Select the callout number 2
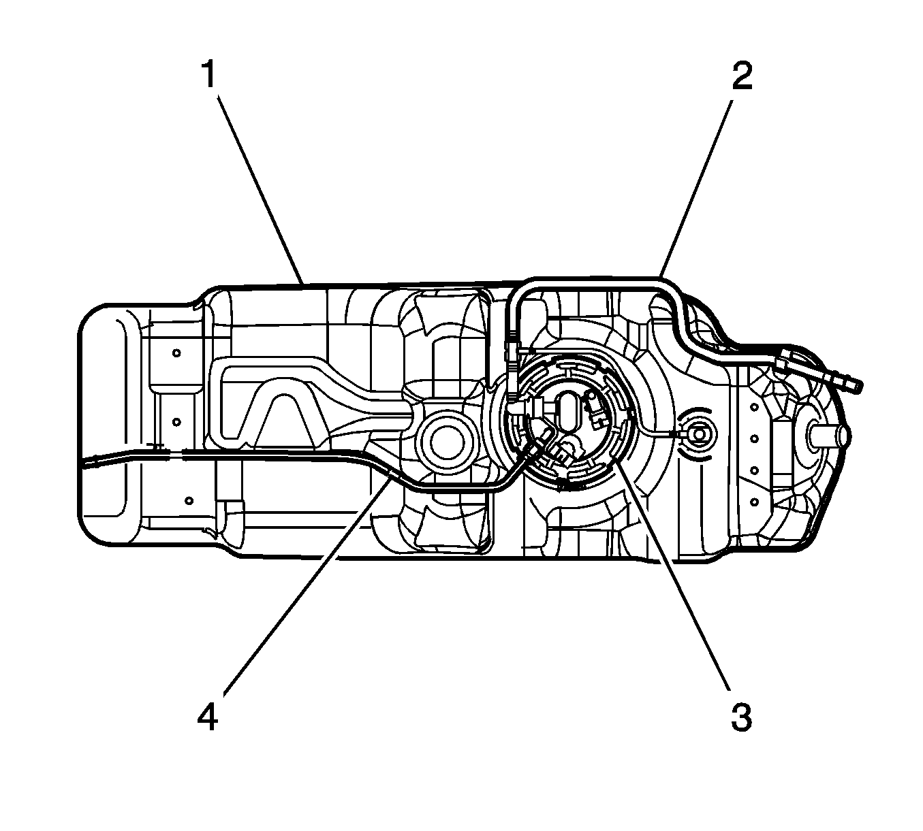741,76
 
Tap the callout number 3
741,716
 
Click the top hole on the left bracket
176,353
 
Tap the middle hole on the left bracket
176,421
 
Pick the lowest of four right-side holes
755,502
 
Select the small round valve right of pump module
698,433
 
